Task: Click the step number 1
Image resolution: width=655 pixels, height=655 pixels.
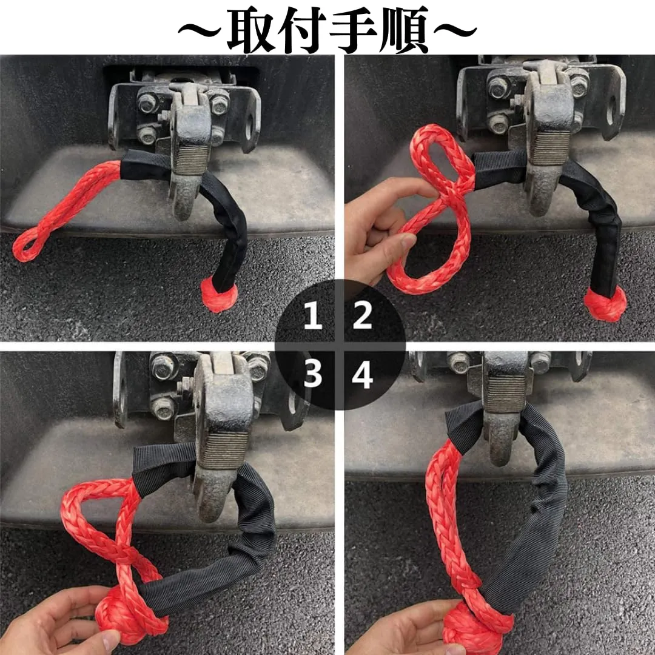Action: (x=312, y=315)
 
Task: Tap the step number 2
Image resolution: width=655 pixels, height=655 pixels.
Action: (x=362, y=315)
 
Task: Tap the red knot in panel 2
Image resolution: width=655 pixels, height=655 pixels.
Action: (x=605, y=304)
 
